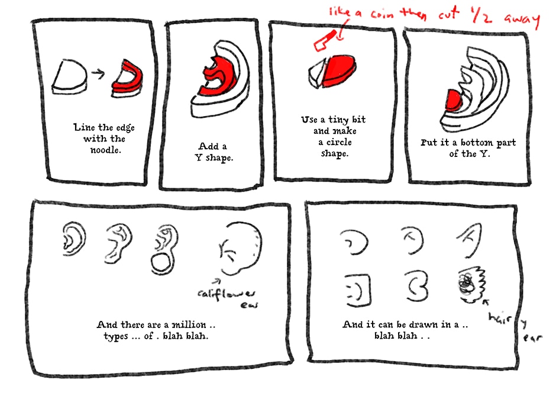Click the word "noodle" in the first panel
click(x=105, y=150)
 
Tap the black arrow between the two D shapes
click(x=98, y=73)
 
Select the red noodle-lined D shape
click(x=127, y=78)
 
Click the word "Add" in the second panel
click(x=208, y=146)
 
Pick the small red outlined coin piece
click(x=325, y=40)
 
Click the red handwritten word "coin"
click(x=382, y=15)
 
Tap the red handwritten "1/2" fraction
click(x=481, y=15)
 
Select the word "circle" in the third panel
click(x=339, y=142)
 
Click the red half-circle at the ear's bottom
click(x=453, y=99)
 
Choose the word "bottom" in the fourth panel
click(x=477, y=142)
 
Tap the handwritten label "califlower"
click(x=226, y=293)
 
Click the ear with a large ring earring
click(x=164, y=249)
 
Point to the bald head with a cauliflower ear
click(x=240, y=249)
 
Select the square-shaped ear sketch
click(x=358, y=290)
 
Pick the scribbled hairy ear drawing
click(x=471, y=284)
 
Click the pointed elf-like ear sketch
click(x=470, y=240)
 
